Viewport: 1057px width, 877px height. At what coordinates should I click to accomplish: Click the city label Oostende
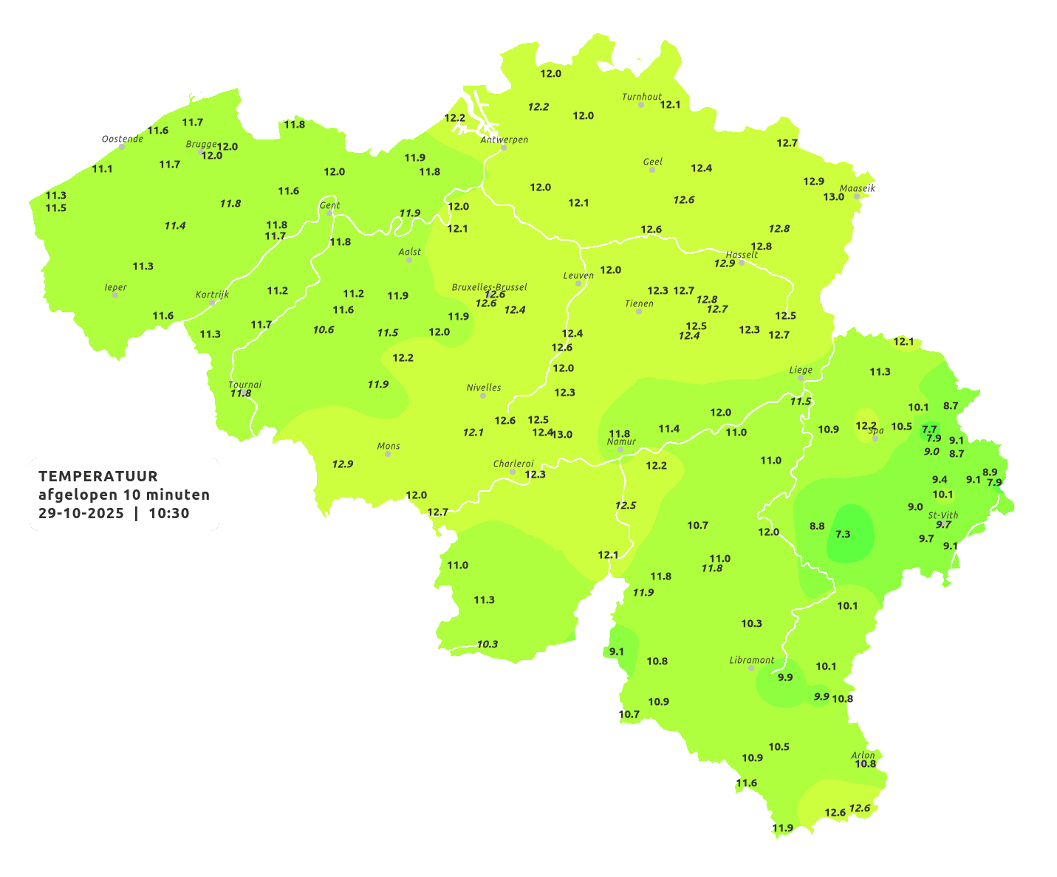122,139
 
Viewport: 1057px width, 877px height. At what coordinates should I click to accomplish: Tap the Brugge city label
201,144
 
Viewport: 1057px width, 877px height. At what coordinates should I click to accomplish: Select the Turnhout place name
641,97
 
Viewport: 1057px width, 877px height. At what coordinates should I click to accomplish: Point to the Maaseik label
857,188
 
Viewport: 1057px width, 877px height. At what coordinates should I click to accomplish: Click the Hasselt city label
742,255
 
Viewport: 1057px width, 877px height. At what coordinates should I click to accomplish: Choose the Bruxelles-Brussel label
489,286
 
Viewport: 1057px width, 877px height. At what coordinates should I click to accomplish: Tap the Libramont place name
751,660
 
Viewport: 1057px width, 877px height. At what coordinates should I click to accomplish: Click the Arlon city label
863,754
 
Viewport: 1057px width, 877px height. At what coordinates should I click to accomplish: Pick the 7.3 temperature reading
843,534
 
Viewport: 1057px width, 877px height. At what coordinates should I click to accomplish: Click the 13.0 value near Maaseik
833,196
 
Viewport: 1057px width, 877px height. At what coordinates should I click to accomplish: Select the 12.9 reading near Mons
342,464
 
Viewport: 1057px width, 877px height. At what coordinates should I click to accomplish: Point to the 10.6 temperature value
323,329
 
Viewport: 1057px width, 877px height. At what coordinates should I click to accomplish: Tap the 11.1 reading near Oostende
102,168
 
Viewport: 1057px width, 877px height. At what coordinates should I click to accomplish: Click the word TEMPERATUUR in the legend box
98,476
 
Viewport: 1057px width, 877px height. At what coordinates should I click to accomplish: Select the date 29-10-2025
81,513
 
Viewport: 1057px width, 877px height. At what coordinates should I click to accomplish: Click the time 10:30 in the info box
169,513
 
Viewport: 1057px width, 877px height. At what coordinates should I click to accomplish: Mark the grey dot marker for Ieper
114,295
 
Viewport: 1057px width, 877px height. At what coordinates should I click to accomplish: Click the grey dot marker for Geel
651,170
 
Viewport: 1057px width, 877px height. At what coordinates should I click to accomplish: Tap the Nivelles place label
483,388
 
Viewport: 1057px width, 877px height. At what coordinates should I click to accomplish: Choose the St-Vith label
943,515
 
